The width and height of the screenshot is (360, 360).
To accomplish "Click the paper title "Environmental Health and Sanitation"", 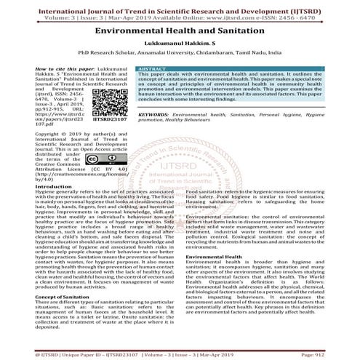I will (x=180, y=33).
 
